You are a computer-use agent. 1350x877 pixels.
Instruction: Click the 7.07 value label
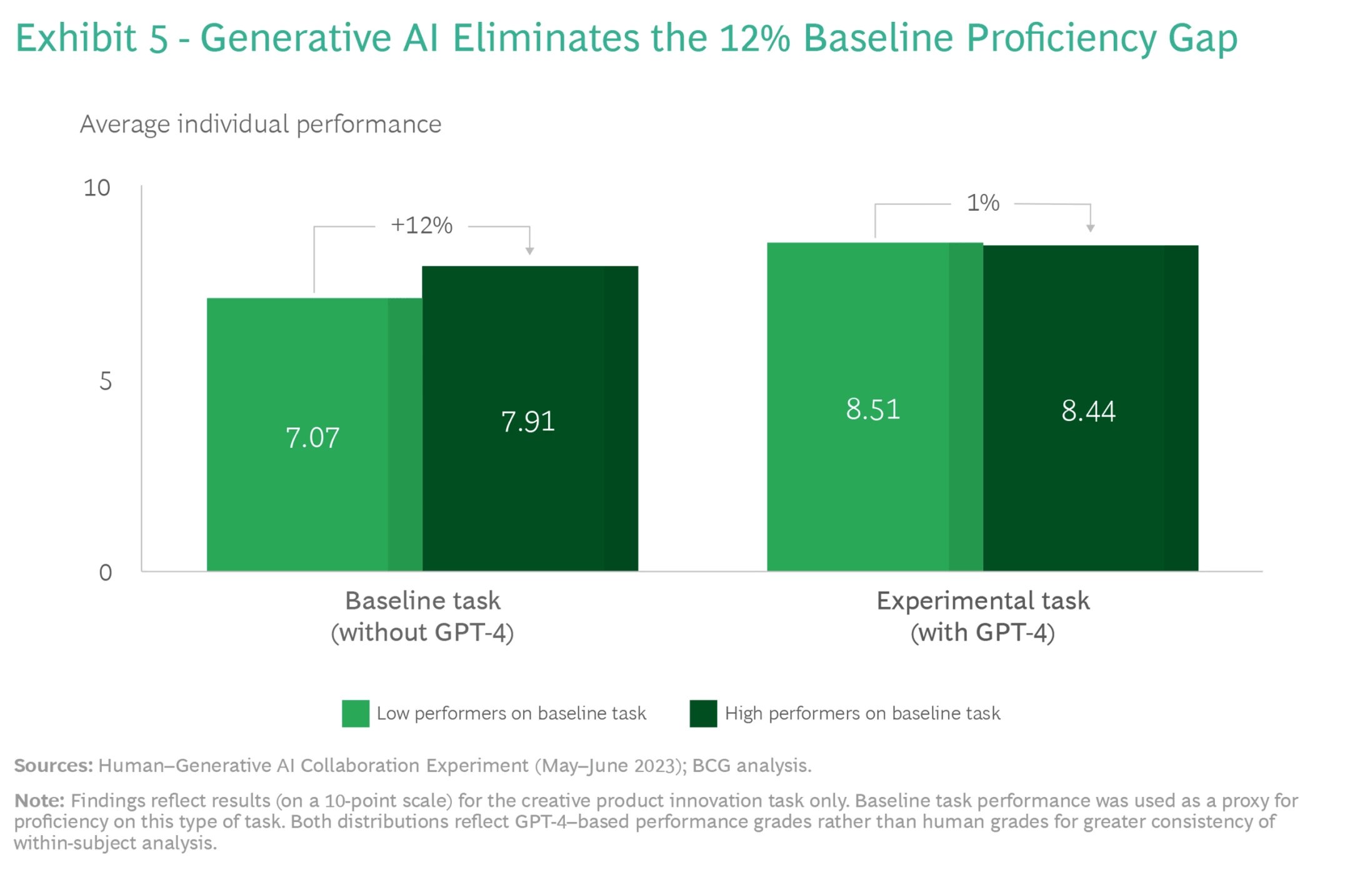pyautogui.click(x=312, y=438)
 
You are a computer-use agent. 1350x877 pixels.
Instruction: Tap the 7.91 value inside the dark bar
pyautogui.click(x=528, y=422)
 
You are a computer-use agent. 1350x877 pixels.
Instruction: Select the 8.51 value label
pyautogui.click(x=872, y=410)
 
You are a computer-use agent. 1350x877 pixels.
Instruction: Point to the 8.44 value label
pyautogui.click(x=1088, y=411)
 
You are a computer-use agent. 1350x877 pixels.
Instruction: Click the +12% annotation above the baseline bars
pyautogui.click(x=421, y=225)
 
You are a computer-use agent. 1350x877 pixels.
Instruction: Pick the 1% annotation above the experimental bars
pyautogui.click(x=982, y=203)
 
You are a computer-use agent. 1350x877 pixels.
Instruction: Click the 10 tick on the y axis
pyautogui.click(x=97, y=188)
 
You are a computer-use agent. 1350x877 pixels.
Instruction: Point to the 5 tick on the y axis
pyautogui.click(x=106, y=381)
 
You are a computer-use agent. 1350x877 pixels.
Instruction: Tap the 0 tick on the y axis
pyautogui.click(x=106, y=572)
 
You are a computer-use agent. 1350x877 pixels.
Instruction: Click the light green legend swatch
pyautogui.click(x=355, y=714)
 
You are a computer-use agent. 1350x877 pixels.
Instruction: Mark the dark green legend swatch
pyautogui.click(x=703, y=714)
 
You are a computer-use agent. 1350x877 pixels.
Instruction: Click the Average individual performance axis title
pyautogui.click(x=261, y=124)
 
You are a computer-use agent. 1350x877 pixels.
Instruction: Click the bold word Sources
pyautogui.click(x=53, y=766)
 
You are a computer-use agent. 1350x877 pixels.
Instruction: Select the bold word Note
pyautogui.click(x=39, y=801)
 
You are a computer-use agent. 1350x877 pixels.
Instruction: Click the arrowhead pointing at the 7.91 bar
pyautogui.click(x=529, y=251)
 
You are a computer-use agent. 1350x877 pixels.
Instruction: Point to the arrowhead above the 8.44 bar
pyautogui.click(x=1090, y=228)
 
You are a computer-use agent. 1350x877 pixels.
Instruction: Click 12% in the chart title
pyautogui.click(x=754, y=38)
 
